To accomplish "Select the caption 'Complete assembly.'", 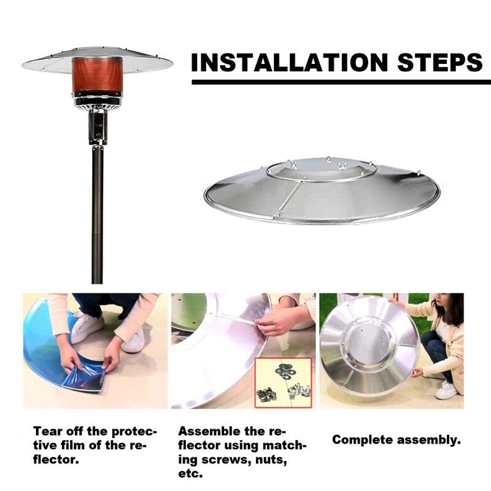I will click(396, 440).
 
